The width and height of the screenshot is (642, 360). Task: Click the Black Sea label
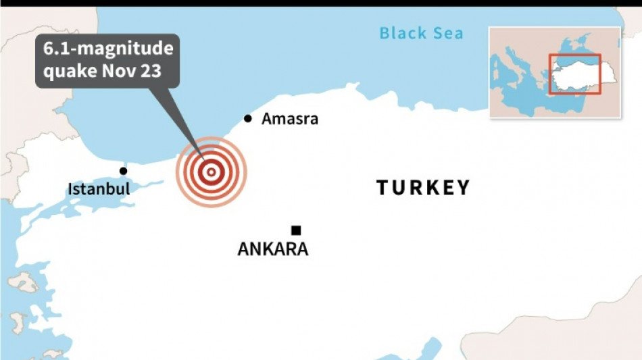pyautogui.click(x=421, y=32)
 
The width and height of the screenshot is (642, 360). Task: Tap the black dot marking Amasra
pyautogui.click(x=248, y=119)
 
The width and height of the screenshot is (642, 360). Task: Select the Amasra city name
pyautogui.click(x=289, y=120)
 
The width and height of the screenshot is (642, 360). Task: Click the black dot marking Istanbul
pyautogui.click(x=123, y=171)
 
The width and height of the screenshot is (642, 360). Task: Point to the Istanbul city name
pyautogui.click(x=99, y=189)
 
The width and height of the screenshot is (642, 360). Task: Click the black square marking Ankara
pyautogui.click(x=296, y=230)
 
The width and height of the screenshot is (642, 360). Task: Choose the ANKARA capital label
pyautogui.click(x=273, y=249)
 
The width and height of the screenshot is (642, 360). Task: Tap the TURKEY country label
pyautogui.click(x=423, y=188)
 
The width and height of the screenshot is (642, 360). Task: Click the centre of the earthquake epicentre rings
pyautogui.click(x=211, y=172)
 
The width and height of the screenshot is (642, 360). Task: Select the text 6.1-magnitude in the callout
pyautogui.click(x=108, y=49)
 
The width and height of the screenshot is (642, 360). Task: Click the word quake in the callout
pyautogui.click(x=66, y=71)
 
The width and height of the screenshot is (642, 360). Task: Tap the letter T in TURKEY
pyautogui.click(x=383, y=188)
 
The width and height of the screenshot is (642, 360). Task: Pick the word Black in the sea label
pyautogui.click(x=403, y=32)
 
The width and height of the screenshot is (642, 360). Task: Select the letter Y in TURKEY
pyautogui.click(x=463, y=188)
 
